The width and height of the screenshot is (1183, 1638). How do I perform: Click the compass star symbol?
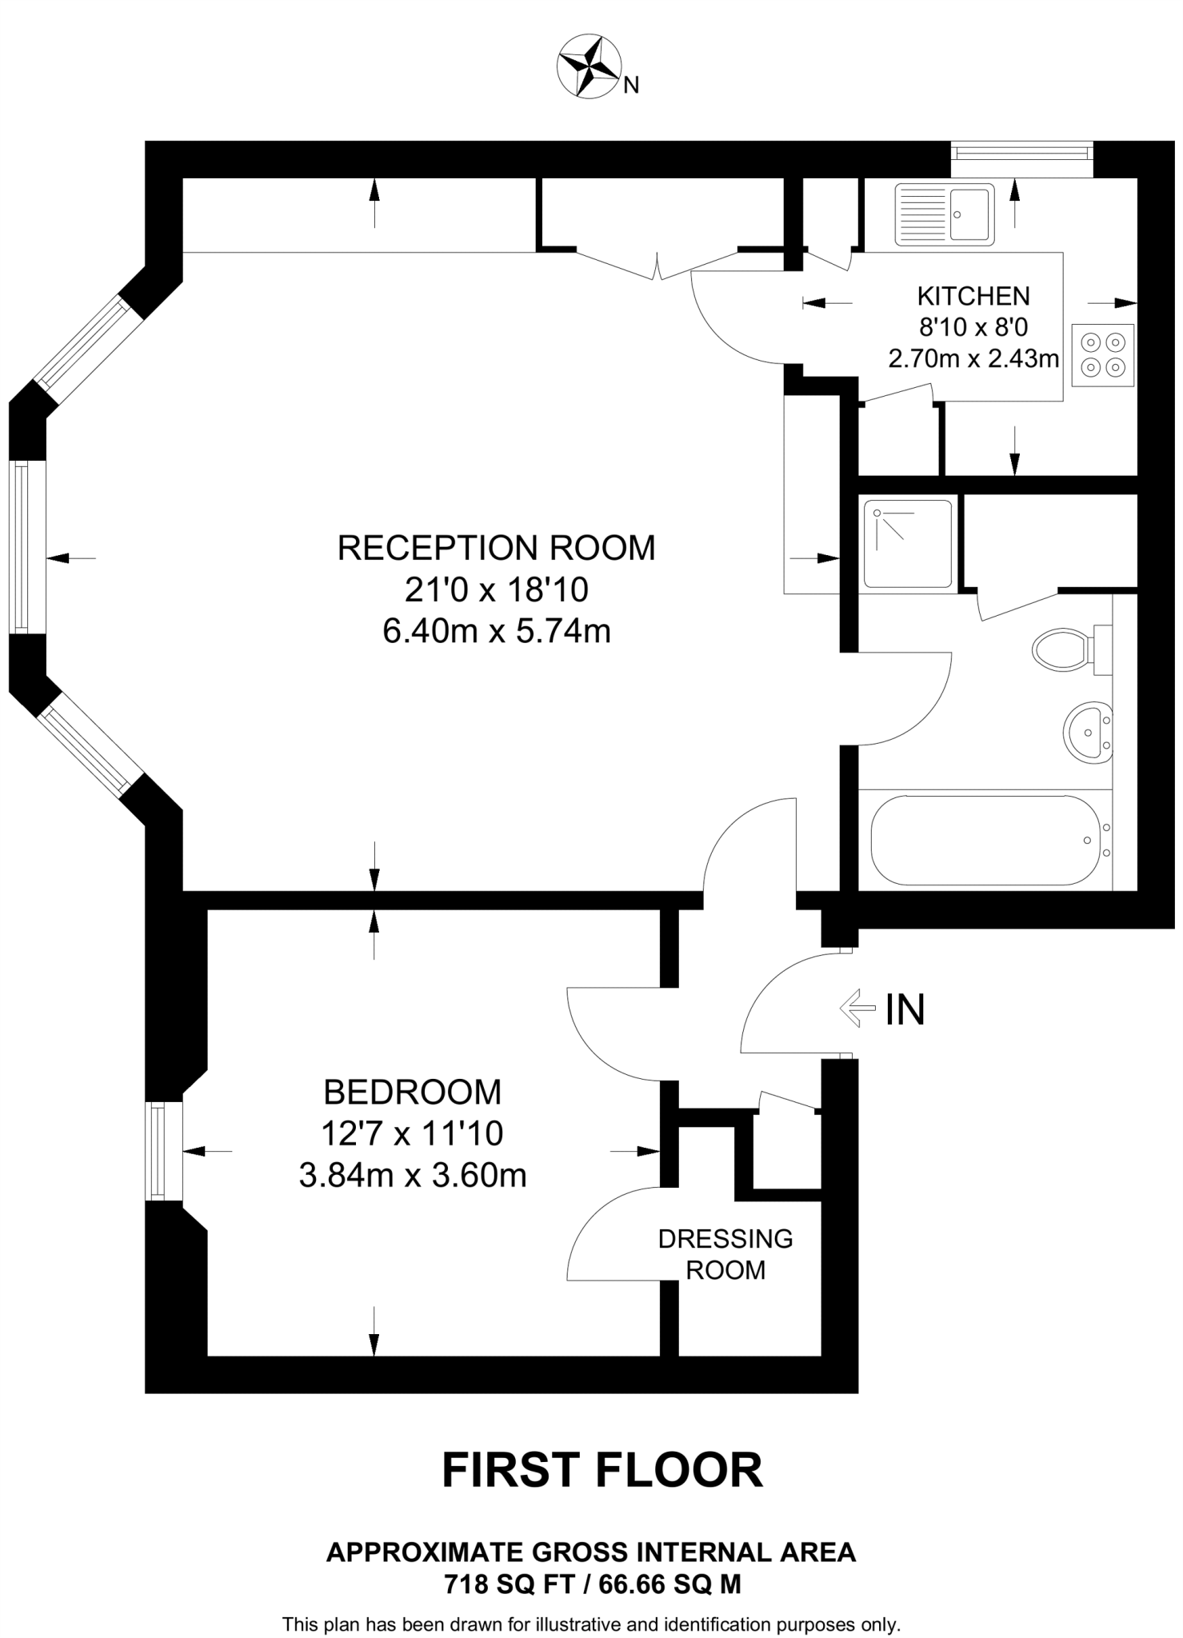tap(589, 66)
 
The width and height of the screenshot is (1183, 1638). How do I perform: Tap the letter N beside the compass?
tap(631, 85)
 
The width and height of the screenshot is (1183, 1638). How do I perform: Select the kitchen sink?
tap(944, 214)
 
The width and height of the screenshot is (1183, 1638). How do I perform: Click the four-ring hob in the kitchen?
tap(1102, 355)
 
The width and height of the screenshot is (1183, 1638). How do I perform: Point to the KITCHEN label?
tap(973, 296)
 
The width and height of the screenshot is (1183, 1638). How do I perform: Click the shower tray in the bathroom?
tap(908, 544)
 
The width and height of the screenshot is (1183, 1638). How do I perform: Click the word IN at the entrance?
tap(905, 1009)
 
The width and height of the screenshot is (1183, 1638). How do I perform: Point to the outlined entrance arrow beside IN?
tap(857, 1008)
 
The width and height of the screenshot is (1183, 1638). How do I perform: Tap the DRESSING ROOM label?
tap(725, 1253)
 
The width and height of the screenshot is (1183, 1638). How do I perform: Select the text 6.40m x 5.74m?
tap(496, 631)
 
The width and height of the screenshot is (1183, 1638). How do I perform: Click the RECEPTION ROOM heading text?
tap(496, 548)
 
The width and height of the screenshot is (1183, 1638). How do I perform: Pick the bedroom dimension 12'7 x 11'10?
tap(412, 1133)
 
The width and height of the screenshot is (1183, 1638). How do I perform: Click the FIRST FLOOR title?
tap(602, 1470)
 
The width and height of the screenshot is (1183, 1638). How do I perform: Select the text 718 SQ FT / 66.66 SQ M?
tap(592, 1584)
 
